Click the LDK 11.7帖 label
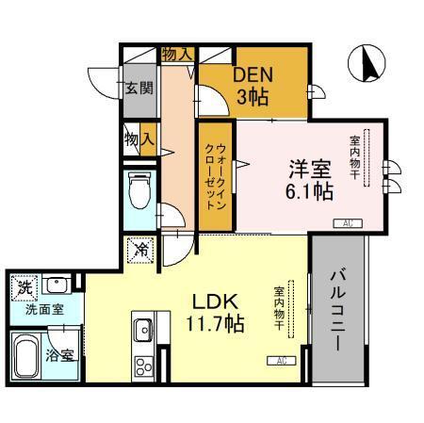(x=219, y=313)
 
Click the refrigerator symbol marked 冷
(x=139, y=250)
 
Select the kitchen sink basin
(x=144, y=331)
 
